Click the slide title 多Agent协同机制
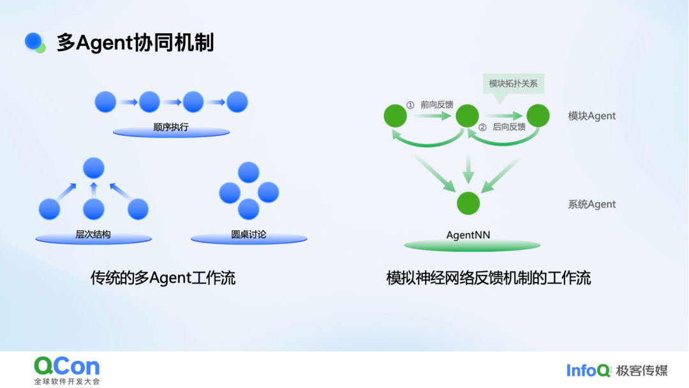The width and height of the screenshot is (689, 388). tap(135, 43)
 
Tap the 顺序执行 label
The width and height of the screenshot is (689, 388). tap(171, 127)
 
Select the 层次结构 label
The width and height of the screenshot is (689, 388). tap(93, 234)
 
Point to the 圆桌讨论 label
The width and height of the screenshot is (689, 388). tap(249, 234)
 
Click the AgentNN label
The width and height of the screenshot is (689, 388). tap(468, 235)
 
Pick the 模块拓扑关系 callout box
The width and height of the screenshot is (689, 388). tap(513, 84)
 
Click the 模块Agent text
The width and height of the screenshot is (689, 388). tap(592, 116)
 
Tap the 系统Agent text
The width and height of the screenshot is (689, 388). tap(592, 205)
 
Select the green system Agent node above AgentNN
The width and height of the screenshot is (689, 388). tap(468, 203)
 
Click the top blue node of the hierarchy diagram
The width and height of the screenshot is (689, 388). tap(94, 167)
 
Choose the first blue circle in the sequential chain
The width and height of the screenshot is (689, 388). tap(105, 102)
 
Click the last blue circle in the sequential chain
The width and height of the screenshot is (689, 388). tap(237, 102)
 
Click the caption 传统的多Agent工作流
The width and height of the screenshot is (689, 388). tap(163, 278)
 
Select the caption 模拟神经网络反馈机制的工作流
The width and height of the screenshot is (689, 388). tap(489, 278)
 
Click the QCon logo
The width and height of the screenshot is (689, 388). tap(67, 366)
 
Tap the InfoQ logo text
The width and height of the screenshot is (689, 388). tap(588, 370)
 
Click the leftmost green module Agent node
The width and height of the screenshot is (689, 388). tap(396, 116)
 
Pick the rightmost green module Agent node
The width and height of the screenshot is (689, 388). tap(538, 116)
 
